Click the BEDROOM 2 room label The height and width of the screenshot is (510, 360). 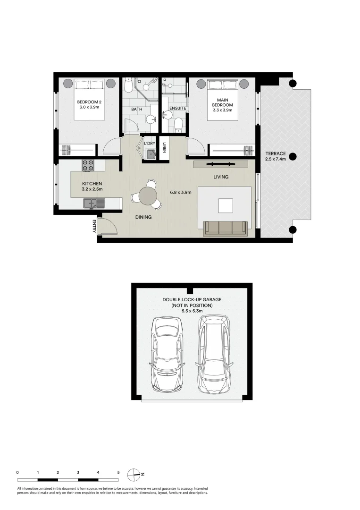89,105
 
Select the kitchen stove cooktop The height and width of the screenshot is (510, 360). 88,165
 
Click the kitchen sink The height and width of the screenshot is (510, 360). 94,204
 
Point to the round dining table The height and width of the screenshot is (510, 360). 148,195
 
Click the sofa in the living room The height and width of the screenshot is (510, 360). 226,228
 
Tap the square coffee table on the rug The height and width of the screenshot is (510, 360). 226,205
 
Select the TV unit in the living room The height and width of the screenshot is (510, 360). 221,164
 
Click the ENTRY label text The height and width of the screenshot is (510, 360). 94,226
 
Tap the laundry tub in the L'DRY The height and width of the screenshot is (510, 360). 150,153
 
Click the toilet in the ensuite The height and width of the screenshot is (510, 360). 178,124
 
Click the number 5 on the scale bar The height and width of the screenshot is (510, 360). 118,472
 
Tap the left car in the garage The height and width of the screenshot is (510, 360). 167,355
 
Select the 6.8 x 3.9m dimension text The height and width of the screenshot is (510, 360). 181,192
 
